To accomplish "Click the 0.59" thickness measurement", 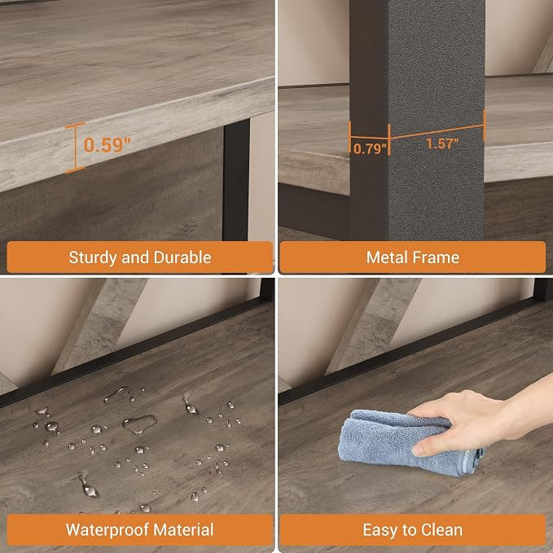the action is click(108, 145).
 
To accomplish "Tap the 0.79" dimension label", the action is click(370, 149).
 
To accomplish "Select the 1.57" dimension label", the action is click(442, 143).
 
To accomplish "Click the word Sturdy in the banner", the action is click(93, 258).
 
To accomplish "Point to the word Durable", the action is click(182, 257).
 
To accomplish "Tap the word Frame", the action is click(435, 257).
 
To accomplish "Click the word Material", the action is click(183, 529).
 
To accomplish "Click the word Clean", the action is click(442, 530).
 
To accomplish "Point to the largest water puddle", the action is click(139, 424).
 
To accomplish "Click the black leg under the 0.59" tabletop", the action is click(236, 181).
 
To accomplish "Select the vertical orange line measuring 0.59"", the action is click(75, 147).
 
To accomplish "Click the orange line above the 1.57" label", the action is click(437, 132).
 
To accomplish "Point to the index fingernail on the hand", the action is click(418, 450).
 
